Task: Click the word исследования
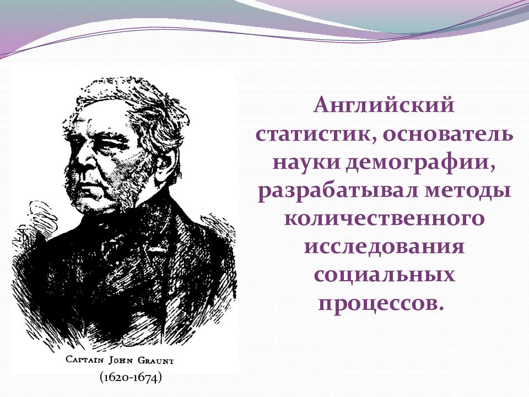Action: [384, 247]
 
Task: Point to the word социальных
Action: [384, 275]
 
